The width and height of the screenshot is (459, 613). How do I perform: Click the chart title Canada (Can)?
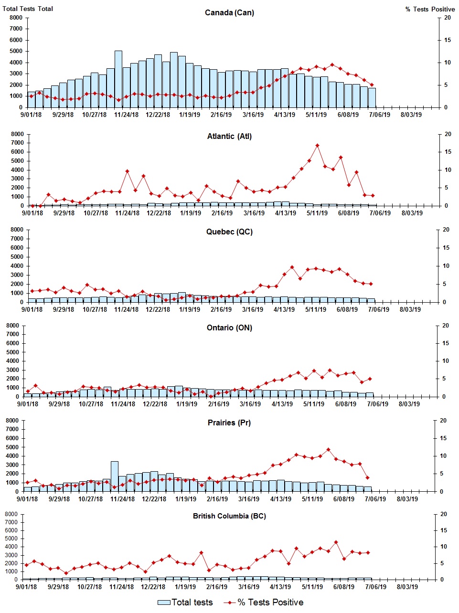coord(229,12)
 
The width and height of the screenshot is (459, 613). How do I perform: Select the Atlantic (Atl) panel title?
coord(229,136)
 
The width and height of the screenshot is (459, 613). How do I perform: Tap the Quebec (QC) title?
coord(229,232)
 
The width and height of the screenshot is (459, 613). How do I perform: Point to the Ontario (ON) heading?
coord(229,328)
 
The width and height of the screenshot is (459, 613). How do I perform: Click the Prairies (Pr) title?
coord(229,423)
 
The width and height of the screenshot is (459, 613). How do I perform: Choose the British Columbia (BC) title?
coord(229,516)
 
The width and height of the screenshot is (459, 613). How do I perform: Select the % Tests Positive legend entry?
coord(270,602)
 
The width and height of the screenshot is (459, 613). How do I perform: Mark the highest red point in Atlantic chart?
coord(317,146)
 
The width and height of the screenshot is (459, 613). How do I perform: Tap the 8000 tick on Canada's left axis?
coord(16,18)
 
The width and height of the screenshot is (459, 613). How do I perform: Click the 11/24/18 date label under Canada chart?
coord(127,115)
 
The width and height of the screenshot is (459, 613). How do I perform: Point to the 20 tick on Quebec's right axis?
coord(446,230)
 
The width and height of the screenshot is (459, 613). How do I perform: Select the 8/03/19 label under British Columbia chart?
coord(407,587)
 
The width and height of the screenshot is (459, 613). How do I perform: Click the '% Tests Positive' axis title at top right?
coord(430,9)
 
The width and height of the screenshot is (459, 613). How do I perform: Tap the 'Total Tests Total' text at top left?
coord(28,9)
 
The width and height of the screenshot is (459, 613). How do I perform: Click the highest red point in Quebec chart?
coord(292,267)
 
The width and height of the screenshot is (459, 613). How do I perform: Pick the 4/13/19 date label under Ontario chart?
coord(282,404)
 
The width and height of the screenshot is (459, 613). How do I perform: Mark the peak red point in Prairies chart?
coord(328,450)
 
